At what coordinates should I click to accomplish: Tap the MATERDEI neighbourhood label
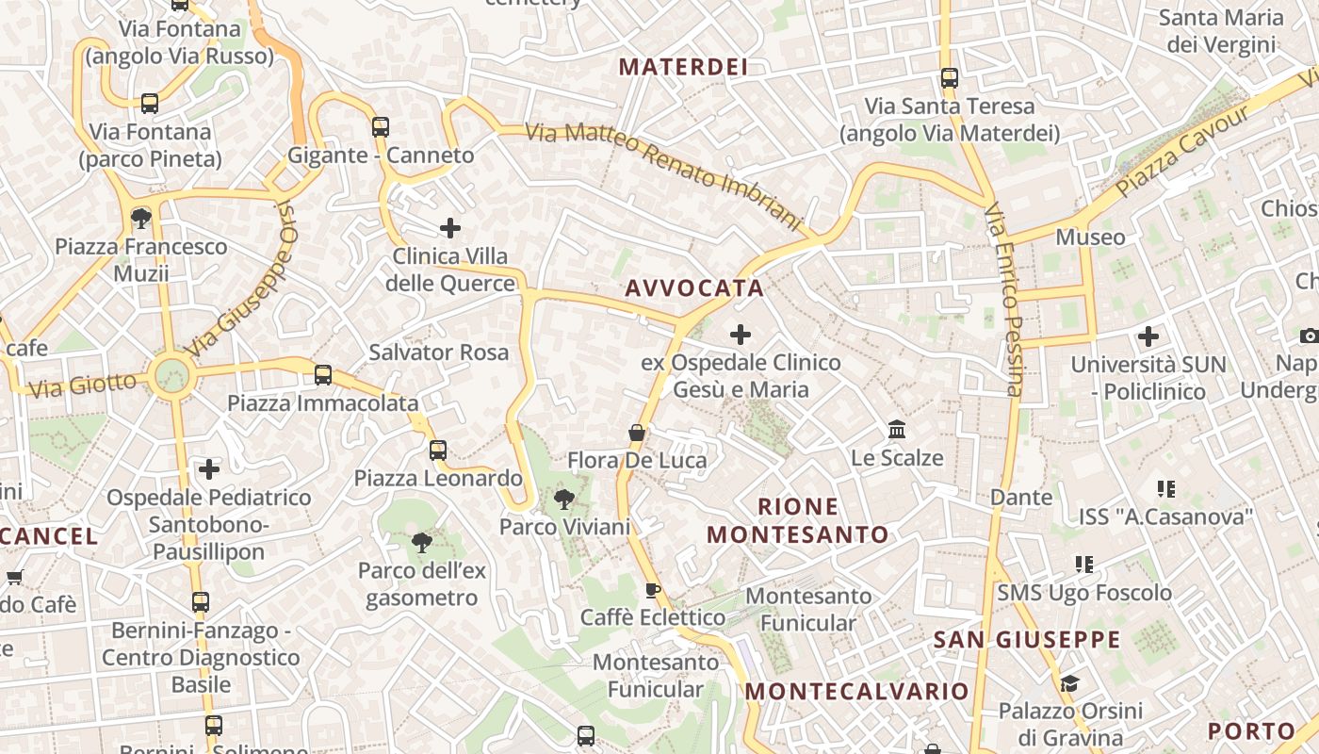click(x=683, y=67)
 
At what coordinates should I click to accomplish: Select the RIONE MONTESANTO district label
click(x=798, y=520)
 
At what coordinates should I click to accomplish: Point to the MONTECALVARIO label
click(x=857, y=691)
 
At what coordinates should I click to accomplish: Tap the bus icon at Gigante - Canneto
click(x=381, y=126)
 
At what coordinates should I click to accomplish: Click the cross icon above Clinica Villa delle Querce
click(x=450, y=227)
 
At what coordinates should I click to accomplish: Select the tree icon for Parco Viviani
click(x=564, y=499)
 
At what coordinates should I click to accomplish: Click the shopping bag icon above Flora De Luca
click(x=637, y=433)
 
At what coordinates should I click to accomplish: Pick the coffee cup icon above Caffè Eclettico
click(x=652, y=590)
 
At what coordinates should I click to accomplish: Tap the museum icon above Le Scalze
click(x=897, y=430)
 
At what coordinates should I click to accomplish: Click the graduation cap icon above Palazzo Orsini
click(x=1069, y=682)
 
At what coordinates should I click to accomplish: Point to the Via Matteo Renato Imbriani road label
click(x=663, y=176)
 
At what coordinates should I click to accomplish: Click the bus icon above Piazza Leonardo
click(x=438, y=450)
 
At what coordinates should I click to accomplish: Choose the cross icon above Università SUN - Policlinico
click(x=1148, y=336)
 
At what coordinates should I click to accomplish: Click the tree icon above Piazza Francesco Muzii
click(x=141, y=219)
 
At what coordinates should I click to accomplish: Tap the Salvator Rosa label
click(x=438, y=352)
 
